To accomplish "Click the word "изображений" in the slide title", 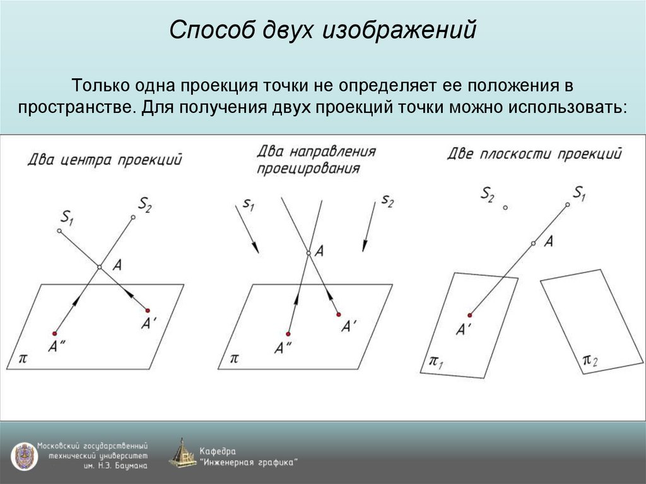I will [x=399, y=30].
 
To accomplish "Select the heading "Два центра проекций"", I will [x=104, y=159].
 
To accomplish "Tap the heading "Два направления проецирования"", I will [x=315, y=160].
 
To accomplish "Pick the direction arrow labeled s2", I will [x=369, y=227].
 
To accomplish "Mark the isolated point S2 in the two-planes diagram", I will [x=505, y=207].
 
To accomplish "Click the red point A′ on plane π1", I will [x=470, y=314].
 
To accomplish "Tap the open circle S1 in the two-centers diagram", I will [x=59, y=232].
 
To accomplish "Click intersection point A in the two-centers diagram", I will [x=99, y=268].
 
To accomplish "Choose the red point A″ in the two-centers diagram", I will [x=55, y=333].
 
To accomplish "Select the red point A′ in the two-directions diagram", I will [x=338, y=314].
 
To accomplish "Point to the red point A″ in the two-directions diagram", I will [x=288, y=334].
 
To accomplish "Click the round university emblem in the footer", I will [x=24, y=456].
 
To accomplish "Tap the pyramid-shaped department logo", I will [x=182, y=453].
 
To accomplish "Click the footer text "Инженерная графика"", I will [x=249, y=463].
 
